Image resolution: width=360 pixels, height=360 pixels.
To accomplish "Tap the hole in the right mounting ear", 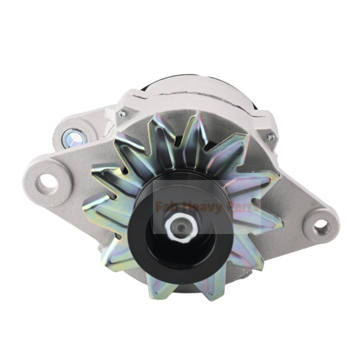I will [x=321, y=226].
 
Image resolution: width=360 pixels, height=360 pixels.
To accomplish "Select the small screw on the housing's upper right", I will [x=271, y=137].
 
